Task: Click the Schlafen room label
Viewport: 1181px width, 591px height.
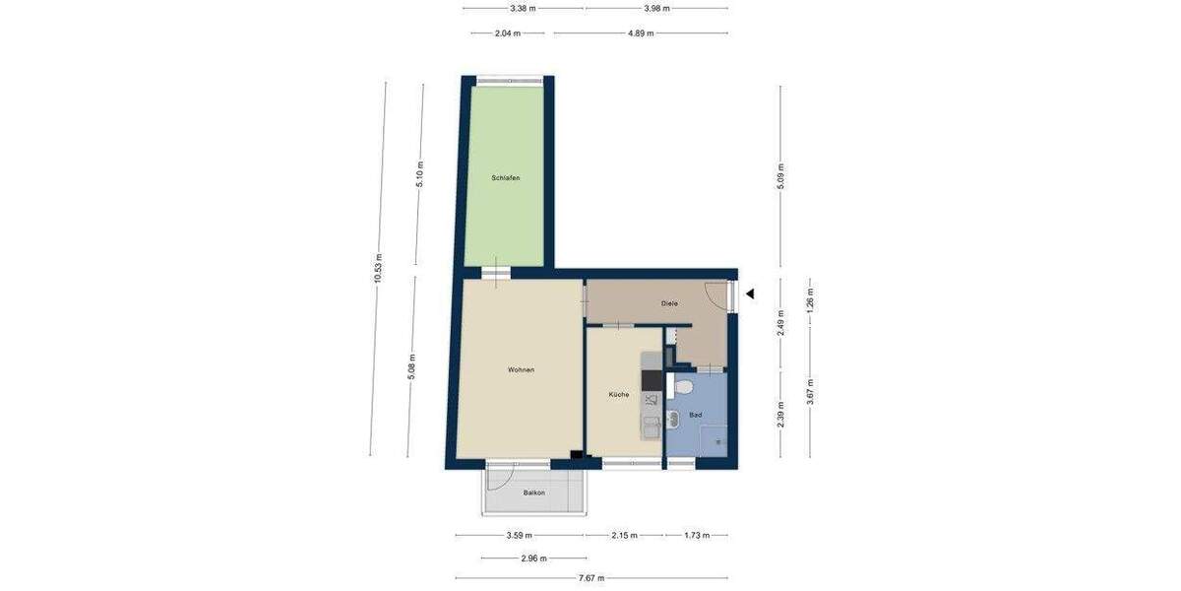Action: pos(506,178)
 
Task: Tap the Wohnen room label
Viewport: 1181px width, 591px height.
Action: pos(521,370)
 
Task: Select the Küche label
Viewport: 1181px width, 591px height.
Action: pos(619,394)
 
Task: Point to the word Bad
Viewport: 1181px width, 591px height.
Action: pos(695,416)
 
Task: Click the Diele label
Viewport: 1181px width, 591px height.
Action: pos(669,303)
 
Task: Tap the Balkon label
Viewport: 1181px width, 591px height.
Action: pos(534,492)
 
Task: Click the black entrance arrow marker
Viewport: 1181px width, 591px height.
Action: pos(749,294)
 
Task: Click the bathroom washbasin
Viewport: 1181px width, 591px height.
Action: pos(672,421)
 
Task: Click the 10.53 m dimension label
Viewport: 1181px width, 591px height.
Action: pos(378,268)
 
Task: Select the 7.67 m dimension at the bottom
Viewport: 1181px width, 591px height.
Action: pos(591,578)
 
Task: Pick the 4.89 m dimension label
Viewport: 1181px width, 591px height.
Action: pos(641,33)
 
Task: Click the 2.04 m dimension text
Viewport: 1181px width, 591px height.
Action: pos(508,33)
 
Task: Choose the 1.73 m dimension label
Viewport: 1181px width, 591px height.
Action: pos(697,536)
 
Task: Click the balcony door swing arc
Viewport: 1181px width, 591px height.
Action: pos(500,480)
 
